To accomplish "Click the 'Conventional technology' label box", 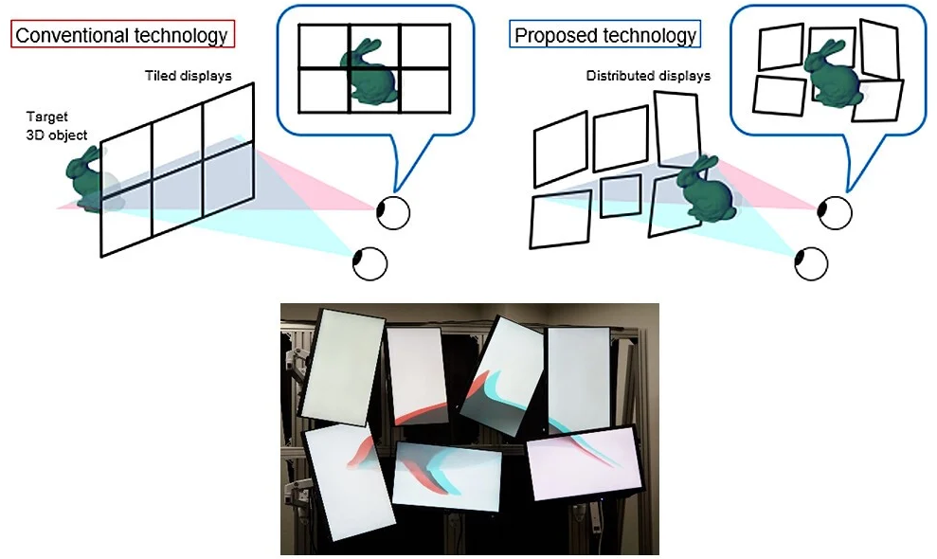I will tap(122, 36).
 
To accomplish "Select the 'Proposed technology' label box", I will tap(604, 36).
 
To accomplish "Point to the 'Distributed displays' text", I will tap(648, 75).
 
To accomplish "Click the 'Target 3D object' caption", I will tap(57, 127).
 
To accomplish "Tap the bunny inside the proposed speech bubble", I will tap(832, 72).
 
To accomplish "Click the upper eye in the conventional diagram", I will tap(393, 212).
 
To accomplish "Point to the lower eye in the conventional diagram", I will tap(369, 262).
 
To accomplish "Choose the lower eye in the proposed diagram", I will tap(810, 262).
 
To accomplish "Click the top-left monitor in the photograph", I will tap(341, 366).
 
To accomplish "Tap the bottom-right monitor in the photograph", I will tap(586, 461).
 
